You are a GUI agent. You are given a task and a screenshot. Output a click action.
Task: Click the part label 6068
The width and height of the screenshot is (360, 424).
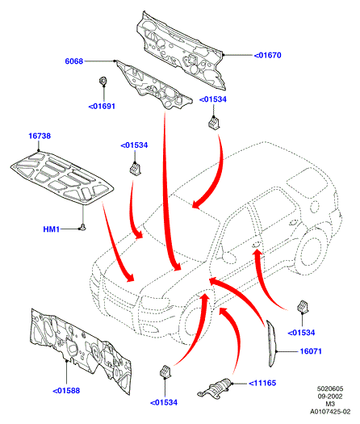[x=73, y=61]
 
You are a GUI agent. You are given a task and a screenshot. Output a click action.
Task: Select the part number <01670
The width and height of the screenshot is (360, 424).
[x=267, y=55]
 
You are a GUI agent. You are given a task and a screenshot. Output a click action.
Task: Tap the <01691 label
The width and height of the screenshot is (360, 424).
[x=102, y=107]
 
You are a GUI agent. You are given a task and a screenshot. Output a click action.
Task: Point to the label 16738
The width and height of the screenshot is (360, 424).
[x=40, y=136]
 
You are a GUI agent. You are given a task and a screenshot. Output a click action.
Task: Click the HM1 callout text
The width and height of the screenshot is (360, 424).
[x=52, y=229]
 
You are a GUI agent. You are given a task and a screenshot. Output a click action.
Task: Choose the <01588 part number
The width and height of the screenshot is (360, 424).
[x=66, y=391]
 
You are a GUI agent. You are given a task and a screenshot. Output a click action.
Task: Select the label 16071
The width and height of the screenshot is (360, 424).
[x=311, y=351]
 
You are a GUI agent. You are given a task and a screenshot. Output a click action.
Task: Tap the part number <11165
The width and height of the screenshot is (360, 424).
[x=262, y=383]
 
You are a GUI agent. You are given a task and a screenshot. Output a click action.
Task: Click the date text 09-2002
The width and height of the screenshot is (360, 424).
[x=330, y=397]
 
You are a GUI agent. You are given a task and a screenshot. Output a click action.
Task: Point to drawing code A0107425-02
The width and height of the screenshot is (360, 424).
[x=330, y=412]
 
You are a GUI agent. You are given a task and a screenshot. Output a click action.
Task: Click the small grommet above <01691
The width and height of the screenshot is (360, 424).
[x=103, y=81]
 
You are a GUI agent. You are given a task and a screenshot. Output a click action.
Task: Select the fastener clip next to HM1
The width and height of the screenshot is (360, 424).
[x=82, y=228]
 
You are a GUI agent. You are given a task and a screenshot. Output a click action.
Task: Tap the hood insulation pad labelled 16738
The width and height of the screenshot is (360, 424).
[x=61, y=178]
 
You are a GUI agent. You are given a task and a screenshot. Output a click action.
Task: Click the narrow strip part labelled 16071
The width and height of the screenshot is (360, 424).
[x=271, y=343]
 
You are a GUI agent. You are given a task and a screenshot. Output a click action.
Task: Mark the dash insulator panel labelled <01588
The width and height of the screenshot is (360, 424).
[x=81, y=351]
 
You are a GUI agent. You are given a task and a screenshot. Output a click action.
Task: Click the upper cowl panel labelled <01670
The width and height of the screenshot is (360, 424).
[x=181, y=51]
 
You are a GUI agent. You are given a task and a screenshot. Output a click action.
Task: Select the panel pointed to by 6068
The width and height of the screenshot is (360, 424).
[x=154, y=85]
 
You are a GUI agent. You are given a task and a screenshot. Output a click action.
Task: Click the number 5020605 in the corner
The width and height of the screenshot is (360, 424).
[x=330, y=388]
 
